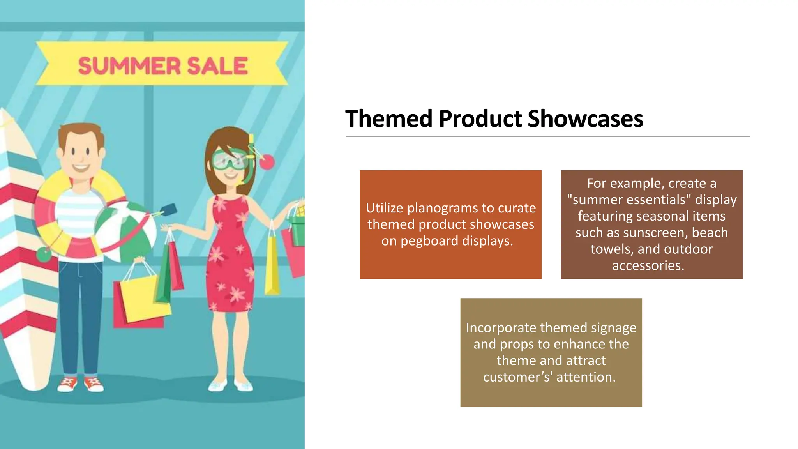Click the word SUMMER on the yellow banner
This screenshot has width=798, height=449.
(x=129, y=65)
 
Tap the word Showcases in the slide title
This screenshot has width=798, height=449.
(x=585, y=118)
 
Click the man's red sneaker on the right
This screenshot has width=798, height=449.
(x=94, y=384)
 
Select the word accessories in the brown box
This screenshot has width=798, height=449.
(x=648, y=265)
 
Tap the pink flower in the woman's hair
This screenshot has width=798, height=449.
(x=267, y=162)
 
